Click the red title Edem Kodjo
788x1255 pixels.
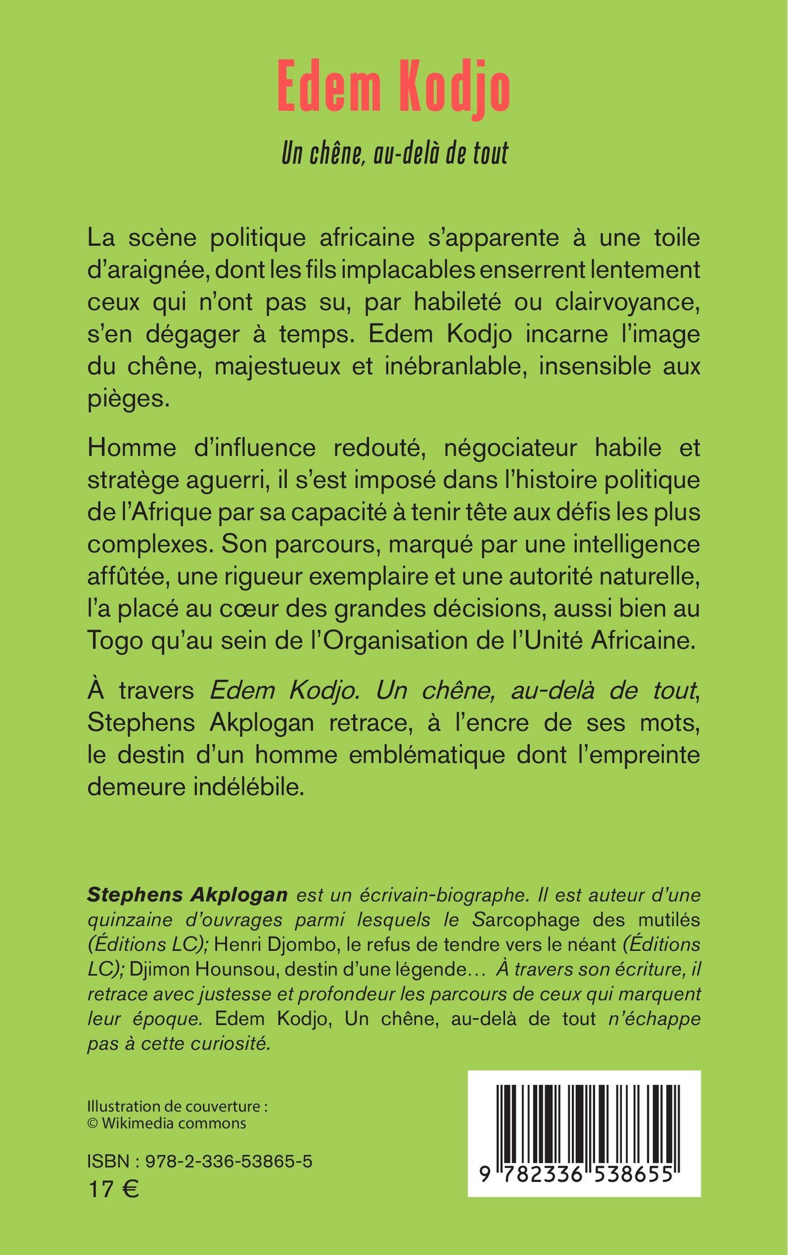pos(394,89)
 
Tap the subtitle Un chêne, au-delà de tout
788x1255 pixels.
pos(394,153)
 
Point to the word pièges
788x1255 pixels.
pos(128,401)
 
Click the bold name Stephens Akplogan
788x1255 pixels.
pos(187,895)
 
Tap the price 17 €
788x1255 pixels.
pos(114,1188)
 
